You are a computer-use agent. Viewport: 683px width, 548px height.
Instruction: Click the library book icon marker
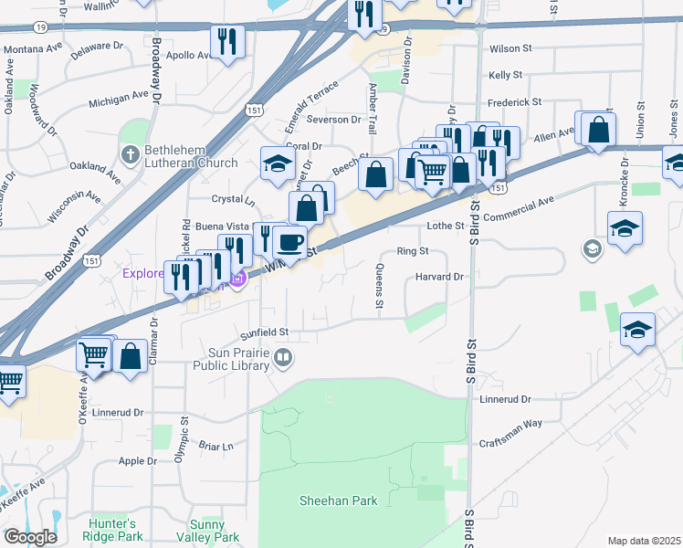pos(283,358)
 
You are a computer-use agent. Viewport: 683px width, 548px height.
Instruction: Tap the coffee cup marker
pos(289,242)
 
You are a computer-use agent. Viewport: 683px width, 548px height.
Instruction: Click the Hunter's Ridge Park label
pos(112,531)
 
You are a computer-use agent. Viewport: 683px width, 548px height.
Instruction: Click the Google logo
pos(29,536)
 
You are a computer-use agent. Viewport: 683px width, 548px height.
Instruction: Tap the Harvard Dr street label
pos(440,276)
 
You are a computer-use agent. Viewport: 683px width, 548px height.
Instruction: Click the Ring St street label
pos(413,250)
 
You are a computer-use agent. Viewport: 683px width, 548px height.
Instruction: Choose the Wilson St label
pos(510,47)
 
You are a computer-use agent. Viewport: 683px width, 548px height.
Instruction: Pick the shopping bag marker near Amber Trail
pos(375,174)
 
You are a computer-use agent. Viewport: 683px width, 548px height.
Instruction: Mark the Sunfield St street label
pos(264,332)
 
